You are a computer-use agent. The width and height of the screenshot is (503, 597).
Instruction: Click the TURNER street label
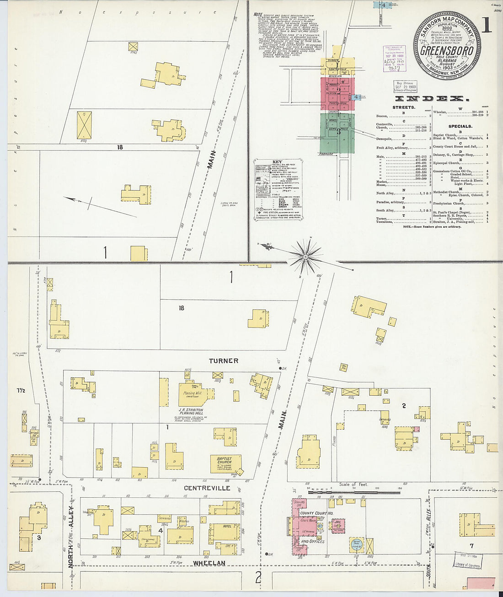224,361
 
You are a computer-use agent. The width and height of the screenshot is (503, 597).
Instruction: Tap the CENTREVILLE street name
214,489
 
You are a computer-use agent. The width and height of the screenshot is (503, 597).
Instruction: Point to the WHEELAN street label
209,563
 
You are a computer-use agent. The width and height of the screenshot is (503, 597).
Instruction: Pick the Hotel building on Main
224,531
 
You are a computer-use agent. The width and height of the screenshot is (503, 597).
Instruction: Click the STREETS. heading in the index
404,108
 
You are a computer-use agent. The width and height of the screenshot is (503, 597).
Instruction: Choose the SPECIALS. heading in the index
460,126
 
